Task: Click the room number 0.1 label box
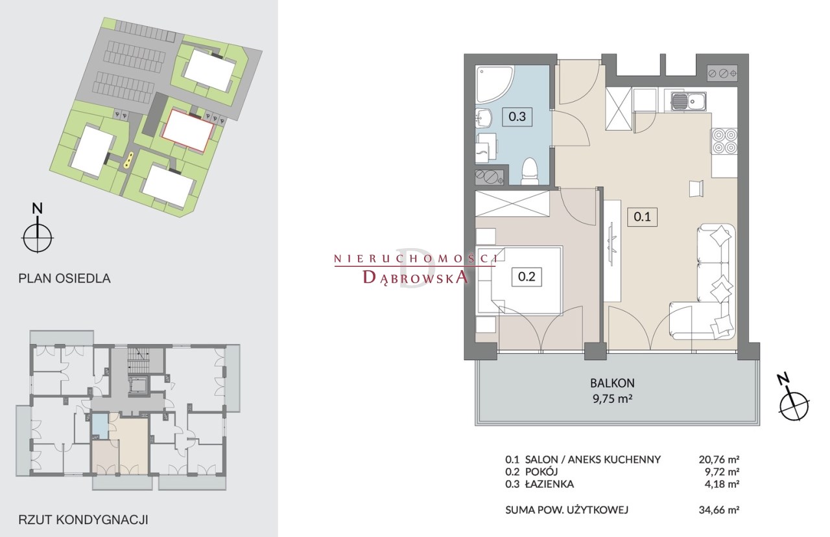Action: [642, 216]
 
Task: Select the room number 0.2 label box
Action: [527, 277]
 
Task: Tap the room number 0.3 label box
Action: [517, 117]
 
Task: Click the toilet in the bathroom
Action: [530, 172]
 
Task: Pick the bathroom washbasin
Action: [484, 119]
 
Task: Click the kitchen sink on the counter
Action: [689, 101]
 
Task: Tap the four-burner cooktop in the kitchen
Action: [724, 141]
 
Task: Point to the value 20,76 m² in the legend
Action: [719, 459]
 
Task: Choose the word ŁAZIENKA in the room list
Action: [549, 484]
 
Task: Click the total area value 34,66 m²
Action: [719, 510]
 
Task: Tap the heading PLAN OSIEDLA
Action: [64, 279]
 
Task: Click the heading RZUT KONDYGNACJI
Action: [83, 520]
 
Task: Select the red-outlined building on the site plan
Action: [188, 130]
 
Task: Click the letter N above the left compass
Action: [38, 209]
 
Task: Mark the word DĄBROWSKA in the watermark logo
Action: [415, 277]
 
